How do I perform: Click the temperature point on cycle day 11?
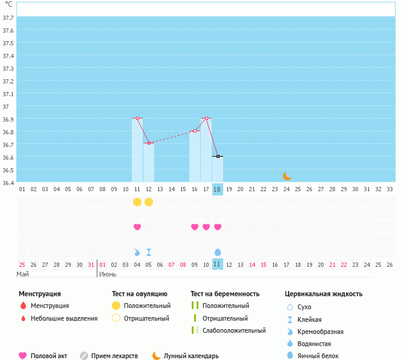coord(137,118)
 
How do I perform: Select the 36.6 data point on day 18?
coord(218,156)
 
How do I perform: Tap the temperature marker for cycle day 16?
coord(195,131)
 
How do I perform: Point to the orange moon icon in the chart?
coord(287,176)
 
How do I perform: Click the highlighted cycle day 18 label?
coord(217,189)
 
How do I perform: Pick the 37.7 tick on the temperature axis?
coord(8,18)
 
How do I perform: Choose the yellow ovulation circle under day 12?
coord(149,202)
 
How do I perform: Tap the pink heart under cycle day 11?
coord(137,227)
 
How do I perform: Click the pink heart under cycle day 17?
coord(206,227)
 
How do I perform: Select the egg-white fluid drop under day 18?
coord(218,252)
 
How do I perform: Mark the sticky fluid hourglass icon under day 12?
coord(149,252)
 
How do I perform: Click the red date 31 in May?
coord(91,265)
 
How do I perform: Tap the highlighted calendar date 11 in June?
coord(217,264)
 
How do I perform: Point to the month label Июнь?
coord(108,274)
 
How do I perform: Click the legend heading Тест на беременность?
coord(225,293)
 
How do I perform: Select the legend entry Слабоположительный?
coord(234,330)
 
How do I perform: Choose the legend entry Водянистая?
coord(314,344)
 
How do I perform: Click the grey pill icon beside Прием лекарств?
coord(84,356)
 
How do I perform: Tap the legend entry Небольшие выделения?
coord(64,318)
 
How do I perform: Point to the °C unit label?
coord(8,4)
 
